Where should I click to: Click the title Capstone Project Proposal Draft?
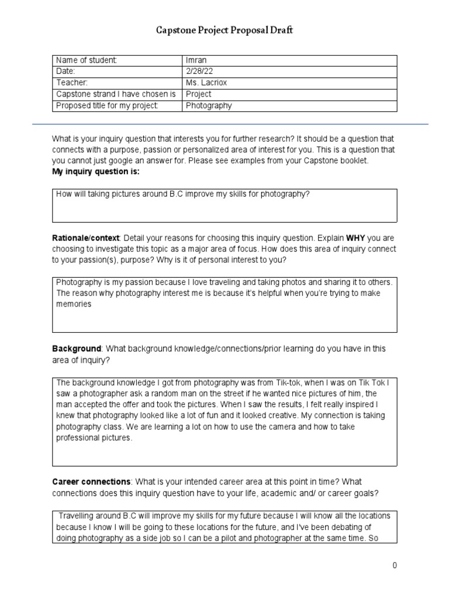pos(224,30)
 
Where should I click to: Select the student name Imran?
pos(196,60)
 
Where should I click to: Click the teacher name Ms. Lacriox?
pos(206,82)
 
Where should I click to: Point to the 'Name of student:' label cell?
pos(87,60)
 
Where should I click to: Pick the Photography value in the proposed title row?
pos(209,106)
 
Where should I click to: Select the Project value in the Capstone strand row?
pos(199,94)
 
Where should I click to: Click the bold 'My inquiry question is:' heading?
pos(96,172)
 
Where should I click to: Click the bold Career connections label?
pos(91,481)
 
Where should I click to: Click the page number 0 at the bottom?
pos(395,565)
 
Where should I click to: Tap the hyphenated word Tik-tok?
pos(265,382)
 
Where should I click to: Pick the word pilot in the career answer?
pos(261,538)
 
